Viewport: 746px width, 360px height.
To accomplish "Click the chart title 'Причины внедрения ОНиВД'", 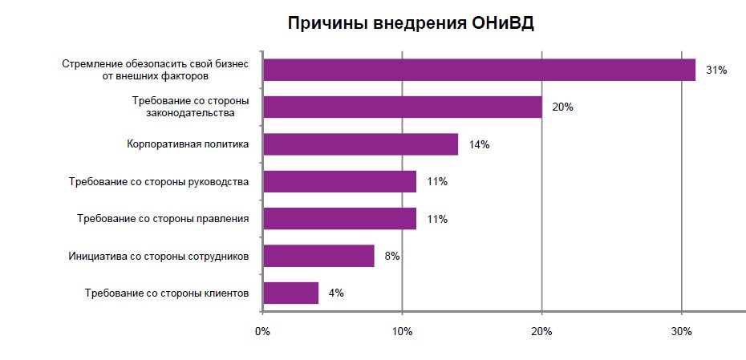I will point(411,23).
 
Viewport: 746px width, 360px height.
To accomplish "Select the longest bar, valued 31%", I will point(479,70).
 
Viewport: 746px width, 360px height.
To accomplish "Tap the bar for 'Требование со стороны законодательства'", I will point(402,107).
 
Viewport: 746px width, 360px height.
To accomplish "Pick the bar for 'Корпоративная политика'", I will point(360,144).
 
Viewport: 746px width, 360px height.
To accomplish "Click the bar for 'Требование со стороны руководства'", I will point(339,181).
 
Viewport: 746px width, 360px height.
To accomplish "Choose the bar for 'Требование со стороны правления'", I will point(339,219).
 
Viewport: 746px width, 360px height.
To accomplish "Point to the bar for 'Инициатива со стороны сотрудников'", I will point(318,256).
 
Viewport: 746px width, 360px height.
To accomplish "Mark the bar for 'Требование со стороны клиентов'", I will point(290,293).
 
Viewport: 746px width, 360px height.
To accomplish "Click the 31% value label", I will point(716,71).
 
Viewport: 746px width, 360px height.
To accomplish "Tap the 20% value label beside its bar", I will point(562,107).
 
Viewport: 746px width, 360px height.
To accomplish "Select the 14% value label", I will point(479,145).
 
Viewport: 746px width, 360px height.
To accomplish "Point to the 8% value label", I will point(391,257).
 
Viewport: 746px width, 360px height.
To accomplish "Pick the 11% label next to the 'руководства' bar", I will point(437,182).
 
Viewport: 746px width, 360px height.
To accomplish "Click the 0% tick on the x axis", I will point(262,332).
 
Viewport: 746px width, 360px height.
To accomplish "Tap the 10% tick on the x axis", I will point(402,332).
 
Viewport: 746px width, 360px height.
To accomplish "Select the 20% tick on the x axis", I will point(541,332).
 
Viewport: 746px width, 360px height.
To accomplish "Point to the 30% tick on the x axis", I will point(681,332).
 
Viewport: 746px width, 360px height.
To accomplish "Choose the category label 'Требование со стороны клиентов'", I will point(167,293).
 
